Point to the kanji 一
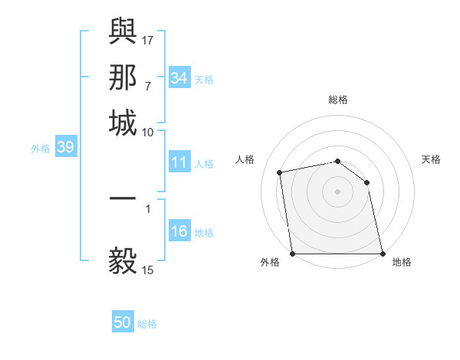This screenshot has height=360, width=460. [x=123, y=198]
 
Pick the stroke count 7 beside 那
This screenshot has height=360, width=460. [x=147, y=86]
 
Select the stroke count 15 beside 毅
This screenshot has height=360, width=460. [x=148, y=270]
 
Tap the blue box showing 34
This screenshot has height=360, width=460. [x=179, y=78]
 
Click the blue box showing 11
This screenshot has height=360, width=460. [x=179, y=162]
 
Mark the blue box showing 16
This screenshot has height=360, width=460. [x=179, y=232]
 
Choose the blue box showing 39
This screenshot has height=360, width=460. [x=65, y=148]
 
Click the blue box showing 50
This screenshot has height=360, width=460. [x=123, y=323]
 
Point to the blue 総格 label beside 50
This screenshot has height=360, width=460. [x=147, y=324]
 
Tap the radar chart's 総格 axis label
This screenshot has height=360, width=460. [x=338, y=100]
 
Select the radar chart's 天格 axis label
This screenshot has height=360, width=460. [x=432, y=159]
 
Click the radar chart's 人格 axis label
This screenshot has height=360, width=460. [x=245, y=159]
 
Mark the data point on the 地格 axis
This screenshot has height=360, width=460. [x=382, y=254]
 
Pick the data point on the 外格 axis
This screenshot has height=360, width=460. [x=293, y=254]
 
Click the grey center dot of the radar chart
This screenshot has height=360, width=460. [x=338, y=191]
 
